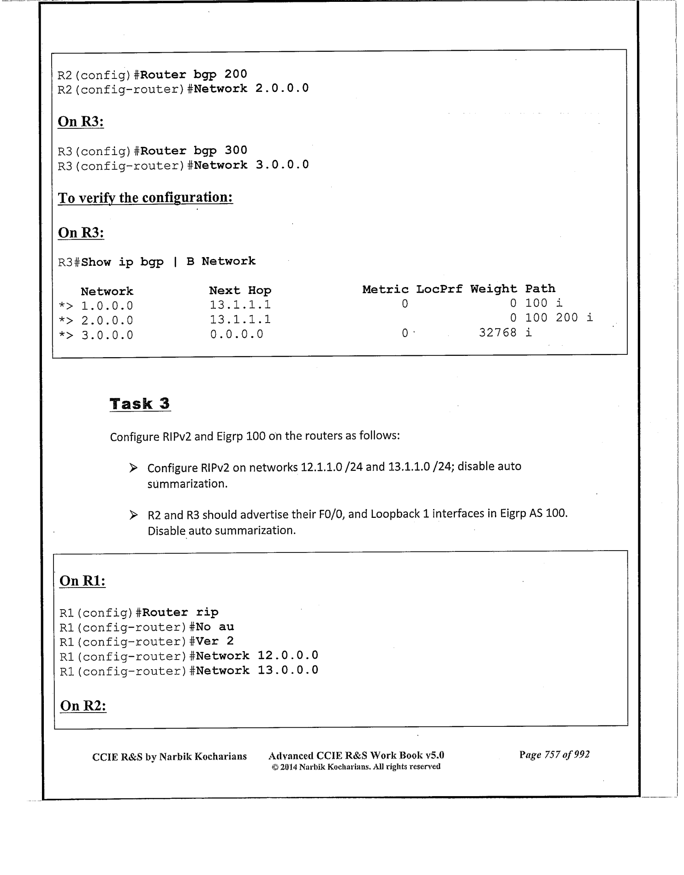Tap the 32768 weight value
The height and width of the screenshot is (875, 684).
point(498,332)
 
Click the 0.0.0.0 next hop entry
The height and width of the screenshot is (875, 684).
point(237,334)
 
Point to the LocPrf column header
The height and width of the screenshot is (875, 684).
point(439,289)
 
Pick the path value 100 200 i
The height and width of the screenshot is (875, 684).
point(559,318)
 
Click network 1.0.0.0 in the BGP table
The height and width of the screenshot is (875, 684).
point(107,306)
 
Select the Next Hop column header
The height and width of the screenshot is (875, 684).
point(240,290)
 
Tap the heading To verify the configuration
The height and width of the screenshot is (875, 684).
point(145,198)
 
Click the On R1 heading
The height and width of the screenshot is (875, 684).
point(83,581)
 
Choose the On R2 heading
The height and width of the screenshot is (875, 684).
point(83,706)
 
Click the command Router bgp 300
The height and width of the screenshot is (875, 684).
point(194,150)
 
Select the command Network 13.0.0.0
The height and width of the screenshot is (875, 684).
point(257,670)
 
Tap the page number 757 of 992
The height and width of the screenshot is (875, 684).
point(554,755)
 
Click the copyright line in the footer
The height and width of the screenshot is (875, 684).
point(356,767)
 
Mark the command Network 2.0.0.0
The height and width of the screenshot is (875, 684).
point(251,88)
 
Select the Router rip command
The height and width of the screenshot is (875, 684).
point(180,612)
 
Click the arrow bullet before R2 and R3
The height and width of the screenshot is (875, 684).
point(133,515)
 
